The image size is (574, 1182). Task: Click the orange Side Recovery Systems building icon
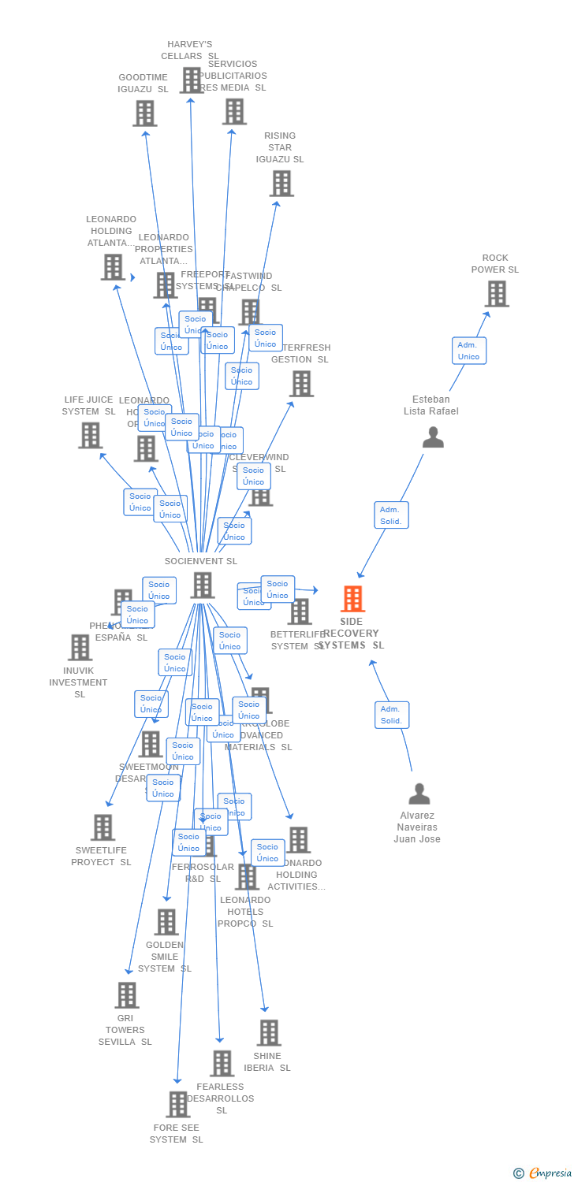pos(352,599)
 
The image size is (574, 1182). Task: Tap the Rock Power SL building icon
pos(496,294)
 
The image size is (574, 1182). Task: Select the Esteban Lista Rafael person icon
pos(433,437)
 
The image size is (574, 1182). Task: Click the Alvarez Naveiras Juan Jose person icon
pos(419,794)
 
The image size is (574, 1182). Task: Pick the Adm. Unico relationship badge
pos(469,351)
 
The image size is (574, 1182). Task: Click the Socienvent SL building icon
pos(203,585)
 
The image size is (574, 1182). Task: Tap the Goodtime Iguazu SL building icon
pos(144,113)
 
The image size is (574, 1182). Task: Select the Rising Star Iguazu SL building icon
pos(281,184)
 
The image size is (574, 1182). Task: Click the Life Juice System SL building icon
pos(90,435)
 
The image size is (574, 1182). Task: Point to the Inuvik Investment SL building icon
pos(80,648)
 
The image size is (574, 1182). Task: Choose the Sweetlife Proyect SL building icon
pos(102,827)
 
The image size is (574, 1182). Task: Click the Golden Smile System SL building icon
pos(166,922)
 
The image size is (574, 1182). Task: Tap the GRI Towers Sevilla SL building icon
pos(126,995)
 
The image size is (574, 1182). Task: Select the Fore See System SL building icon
pos(177,1105)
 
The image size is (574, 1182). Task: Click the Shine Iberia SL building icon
pos(268,1033)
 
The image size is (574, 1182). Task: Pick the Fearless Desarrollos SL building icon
pos(222,1064)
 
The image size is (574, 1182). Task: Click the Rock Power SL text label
pos(495,264)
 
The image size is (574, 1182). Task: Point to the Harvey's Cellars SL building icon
pos(192,80)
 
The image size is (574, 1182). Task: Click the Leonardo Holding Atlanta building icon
pos(113,267)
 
